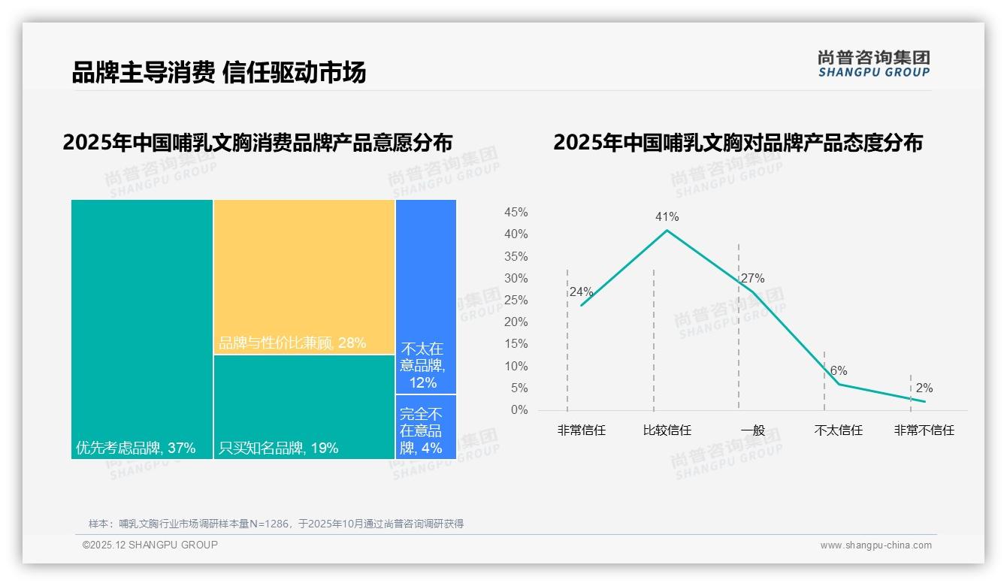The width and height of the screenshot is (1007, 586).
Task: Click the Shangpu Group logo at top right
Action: coord(873,64)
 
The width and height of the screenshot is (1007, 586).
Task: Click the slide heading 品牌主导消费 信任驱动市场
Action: coord(219,73)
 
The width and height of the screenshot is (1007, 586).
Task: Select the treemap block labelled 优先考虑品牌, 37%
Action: coord(142,329)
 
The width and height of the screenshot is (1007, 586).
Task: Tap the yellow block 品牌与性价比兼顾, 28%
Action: coord(304,276)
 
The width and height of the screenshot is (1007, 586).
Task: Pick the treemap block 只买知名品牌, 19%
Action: coord(304,406)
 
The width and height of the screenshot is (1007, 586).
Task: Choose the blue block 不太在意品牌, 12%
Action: coord(425,296)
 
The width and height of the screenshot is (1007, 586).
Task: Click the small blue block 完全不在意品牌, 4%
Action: coord(425,427)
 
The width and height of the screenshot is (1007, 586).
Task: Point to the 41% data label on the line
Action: coord(667,217)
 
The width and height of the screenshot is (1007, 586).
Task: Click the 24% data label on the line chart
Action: coord(581,292)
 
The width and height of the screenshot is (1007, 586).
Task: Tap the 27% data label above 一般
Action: coord(752,279)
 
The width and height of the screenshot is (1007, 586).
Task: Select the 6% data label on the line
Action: coord(839,371)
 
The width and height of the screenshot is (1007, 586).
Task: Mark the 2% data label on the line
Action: coord(924,388)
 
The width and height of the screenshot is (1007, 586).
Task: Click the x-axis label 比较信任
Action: coord(667,430)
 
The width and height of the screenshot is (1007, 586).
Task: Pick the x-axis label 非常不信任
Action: coord(924,430)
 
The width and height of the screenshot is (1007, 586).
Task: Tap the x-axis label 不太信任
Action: coord(838,430)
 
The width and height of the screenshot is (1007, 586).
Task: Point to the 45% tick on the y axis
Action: coord(516,213)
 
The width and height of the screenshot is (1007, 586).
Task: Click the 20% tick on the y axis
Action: coord(516,322)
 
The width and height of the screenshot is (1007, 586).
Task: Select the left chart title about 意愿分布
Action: coord(258,143)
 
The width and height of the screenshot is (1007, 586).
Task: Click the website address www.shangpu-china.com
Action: coord(875,545)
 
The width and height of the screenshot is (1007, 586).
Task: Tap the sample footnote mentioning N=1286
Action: coord(276,524)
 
